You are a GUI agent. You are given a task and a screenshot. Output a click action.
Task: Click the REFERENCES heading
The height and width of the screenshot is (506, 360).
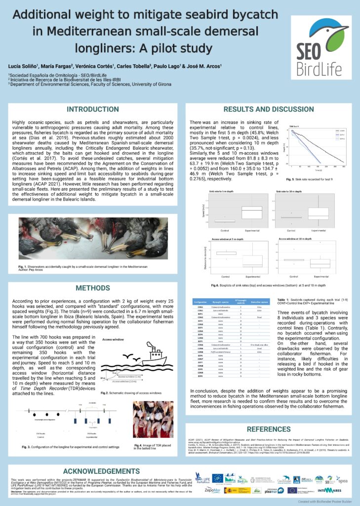(269, 429)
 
